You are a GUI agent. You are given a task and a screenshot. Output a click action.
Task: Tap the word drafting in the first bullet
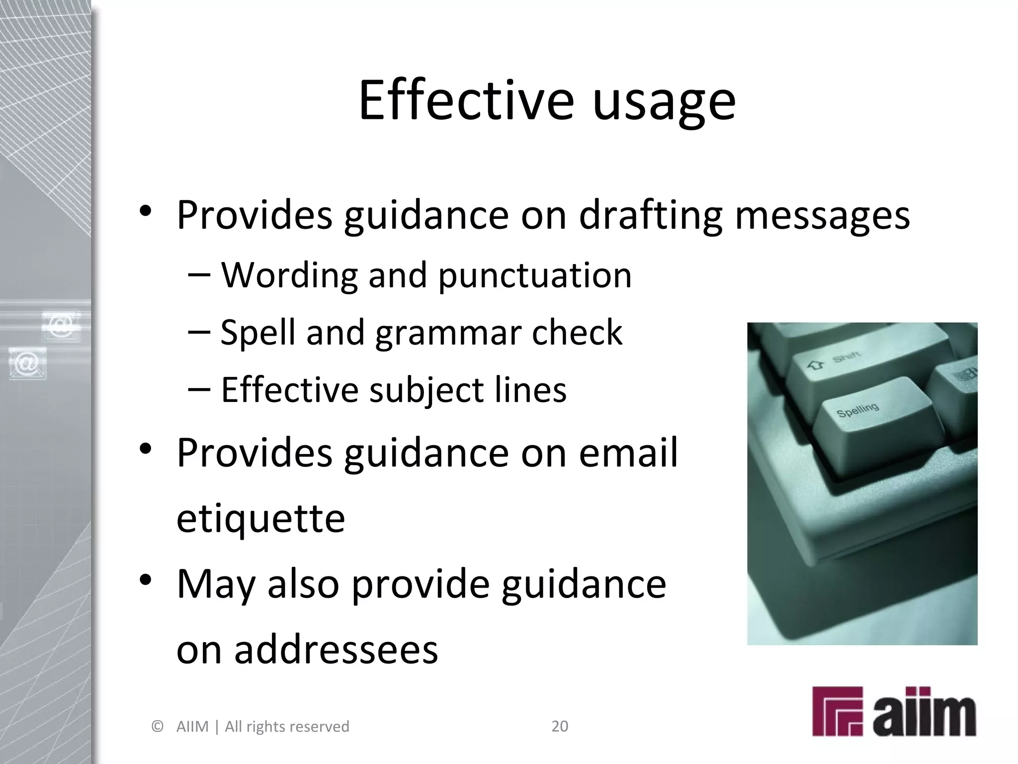click(650, 215)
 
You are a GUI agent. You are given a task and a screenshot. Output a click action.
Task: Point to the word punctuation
click(535, 276)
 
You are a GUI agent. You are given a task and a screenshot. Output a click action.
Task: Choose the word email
click(628, 453)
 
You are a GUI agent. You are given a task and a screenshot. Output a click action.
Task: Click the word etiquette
click(260, 518)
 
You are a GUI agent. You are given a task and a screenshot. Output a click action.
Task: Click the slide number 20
click(560, 726)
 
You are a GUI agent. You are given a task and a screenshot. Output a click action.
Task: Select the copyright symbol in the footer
click(157, 727)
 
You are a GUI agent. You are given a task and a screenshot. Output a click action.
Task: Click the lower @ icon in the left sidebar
click(27, 364)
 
